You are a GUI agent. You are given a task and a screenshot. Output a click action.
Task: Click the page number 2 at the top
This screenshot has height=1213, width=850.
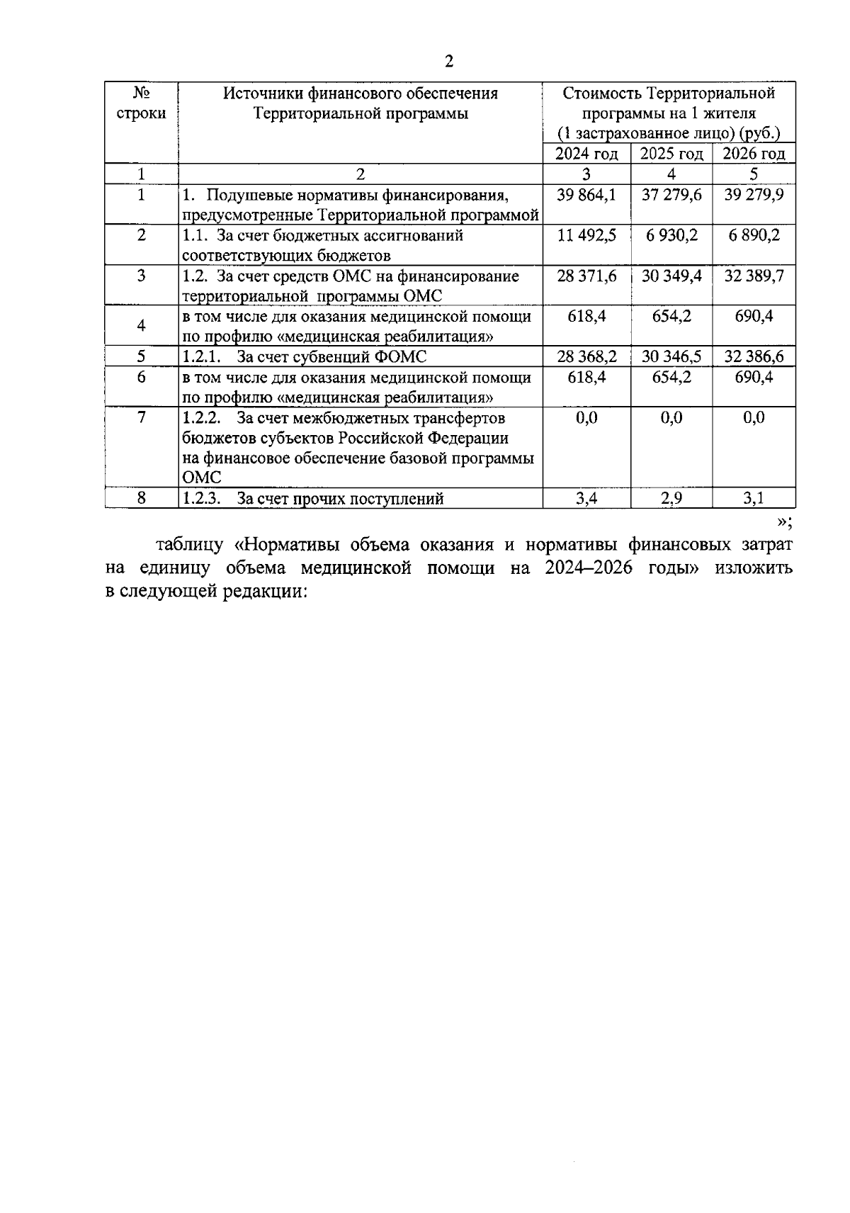coord(448,62)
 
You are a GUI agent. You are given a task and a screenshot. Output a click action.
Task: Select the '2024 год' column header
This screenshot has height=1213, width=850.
coord(586,154)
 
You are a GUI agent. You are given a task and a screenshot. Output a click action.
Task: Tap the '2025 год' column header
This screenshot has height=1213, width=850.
coord(671,154)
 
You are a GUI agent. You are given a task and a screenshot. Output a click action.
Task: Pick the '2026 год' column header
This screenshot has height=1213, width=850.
coord(754,154)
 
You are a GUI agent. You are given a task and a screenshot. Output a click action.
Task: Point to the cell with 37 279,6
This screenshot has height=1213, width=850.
coord(671,194)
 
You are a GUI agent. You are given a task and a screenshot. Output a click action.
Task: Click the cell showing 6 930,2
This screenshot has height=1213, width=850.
coord(671,235)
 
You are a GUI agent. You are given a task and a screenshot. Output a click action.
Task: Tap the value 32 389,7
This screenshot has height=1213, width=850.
coord(754,276)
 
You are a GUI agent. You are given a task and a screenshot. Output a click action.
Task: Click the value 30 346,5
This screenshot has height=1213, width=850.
coord(671,356)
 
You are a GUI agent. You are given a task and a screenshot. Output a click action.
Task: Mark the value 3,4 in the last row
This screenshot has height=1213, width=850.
coord(586,499)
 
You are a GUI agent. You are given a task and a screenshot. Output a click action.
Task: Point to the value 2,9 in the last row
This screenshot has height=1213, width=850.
coord(671,499)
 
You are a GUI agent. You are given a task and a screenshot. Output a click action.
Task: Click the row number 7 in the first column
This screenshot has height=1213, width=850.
coord(141,417)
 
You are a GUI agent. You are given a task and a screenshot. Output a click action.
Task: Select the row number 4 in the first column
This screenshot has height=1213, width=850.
coord(141,326)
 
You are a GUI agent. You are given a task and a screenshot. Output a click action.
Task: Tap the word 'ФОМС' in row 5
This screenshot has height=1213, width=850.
coord(400,357)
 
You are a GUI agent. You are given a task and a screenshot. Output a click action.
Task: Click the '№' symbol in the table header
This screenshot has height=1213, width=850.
coord(141,93)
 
